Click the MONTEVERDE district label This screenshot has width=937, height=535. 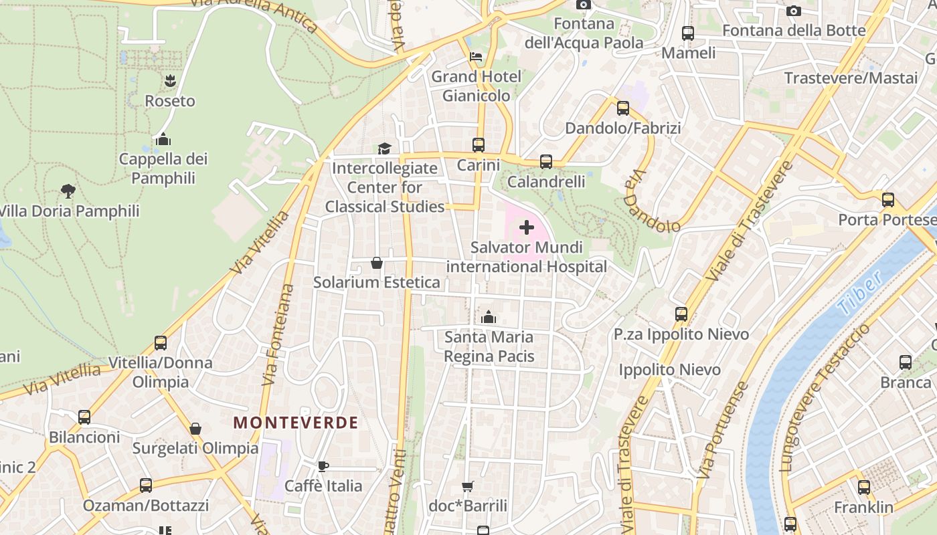(x=295, y=423)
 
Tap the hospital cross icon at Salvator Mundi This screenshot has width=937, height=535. (x=527, y=227)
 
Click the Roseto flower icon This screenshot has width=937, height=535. (x=170, y=81)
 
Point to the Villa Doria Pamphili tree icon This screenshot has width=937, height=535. (x=68, y=191)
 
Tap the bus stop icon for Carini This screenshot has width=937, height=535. (x=479, y=145)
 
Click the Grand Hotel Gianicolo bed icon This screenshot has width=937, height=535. (x=476, y=57)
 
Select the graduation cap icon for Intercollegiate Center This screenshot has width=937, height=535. (x=384, y=148)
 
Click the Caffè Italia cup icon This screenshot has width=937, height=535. (x=323, y=466)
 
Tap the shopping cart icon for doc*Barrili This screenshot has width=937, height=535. (x=468, y=486)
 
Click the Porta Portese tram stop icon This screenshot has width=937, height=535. (x=888, y=200)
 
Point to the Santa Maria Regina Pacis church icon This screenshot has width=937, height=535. (x=489, y=317)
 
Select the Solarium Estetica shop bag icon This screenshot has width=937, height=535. (x=377, y=263)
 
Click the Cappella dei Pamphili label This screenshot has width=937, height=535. (x=163, y=169)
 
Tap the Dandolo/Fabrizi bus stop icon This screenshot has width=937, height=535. (x=623, y=108)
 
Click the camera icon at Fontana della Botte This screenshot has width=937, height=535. (x=794, y=11)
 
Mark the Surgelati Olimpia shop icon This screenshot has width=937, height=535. (x=195, y=429)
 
